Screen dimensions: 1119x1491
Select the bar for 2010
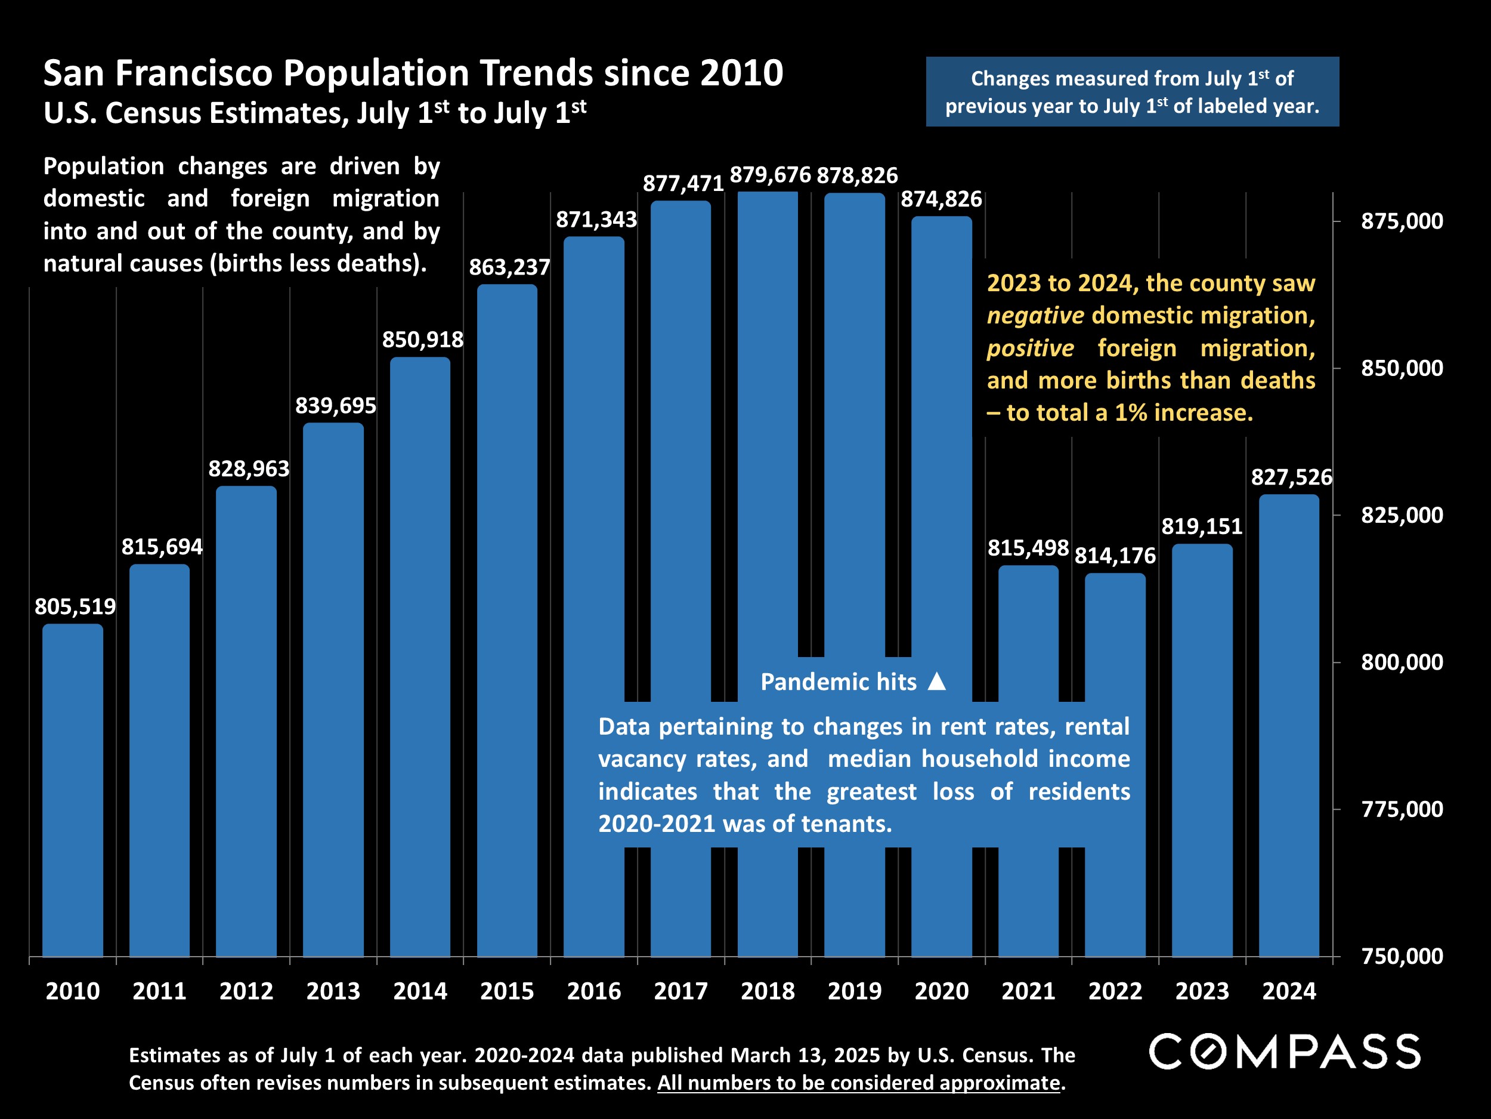click(73, 789)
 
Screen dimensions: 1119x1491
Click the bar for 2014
click(420, 654)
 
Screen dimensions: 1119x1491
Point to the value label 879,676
click(770, 175)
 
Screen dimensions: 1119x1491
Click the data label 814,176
click(1115, 556)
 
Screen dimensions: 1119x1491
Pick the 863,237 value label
click(509, 268)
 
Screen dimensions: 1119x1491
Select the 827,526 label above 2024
click(1291, 477)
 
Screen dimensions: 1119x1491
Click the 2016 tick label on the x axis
click(594, 991)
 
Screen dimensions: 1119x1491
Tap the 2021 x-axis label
click(1028, 991)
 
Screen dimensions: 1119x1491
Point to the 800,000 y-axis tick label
click(1402, 662)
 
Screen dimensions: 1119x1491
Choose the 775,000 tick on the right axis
click(1402, 809)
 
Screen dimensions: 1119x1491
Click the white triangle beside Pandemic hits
click(937, 682)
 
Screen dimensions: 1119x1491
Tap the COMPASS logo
click(1285, 1051)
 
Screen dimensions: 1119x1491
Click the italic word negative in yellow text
click(1035, 316)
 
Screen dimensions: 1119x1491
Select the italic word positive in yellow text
click(1030, 348)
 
